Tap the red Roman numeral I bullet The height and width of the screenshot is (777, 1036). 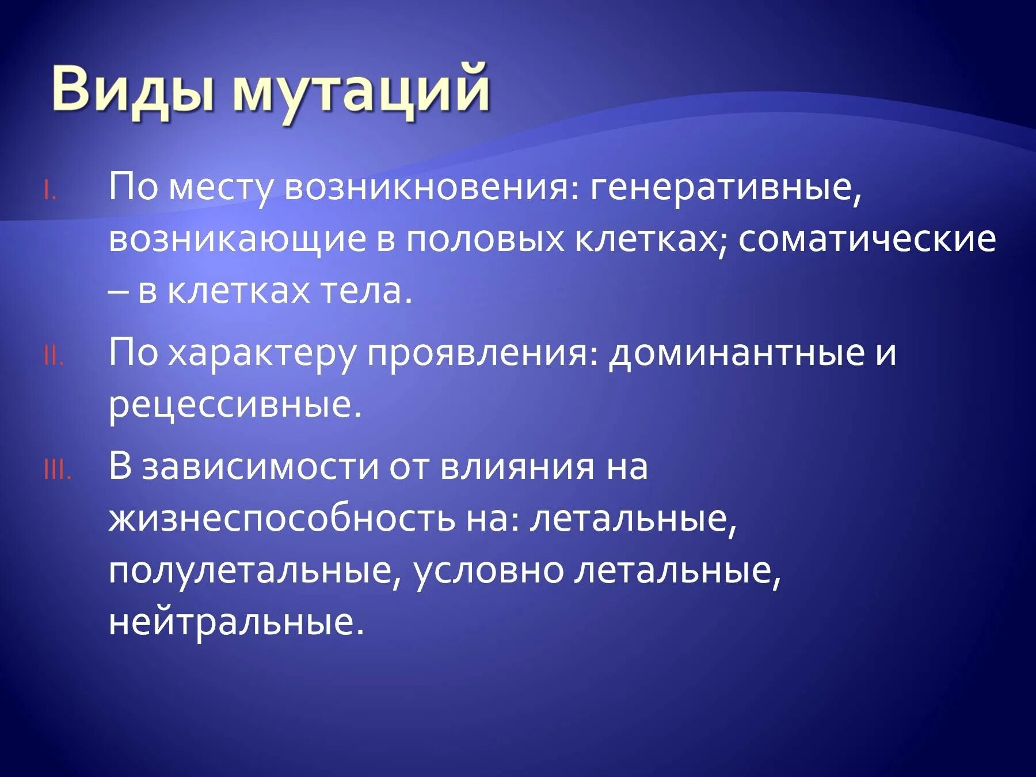click(50, 192)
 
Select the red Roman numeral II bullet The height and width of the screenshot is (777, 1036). click(54, 357)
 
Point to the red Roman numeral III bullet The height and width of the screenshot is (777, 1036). click(57, 472)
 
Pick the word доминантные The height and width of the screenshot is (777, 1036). click(737, 353)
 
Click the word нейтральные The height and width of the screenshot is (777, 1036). click(236, 623)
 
